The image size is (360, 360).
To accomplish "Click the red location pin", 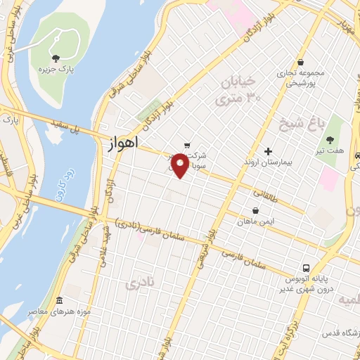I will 181,165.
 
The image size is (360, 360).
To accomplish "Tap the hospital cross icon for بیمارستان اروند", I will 268,151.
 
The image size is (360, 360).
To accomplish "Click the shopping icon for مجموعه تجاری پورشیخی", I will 300,61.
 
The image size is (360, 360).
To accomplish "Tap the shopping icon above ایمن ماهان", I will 256,210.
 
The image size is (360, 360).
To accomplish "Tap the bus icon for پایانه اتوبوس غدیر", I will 306,268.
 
